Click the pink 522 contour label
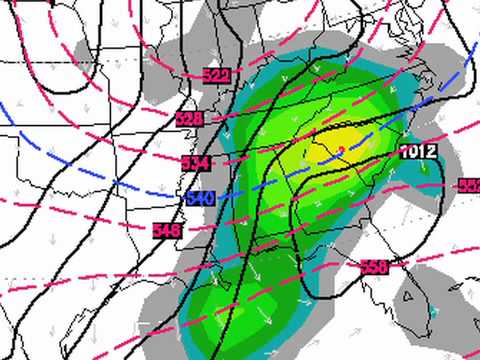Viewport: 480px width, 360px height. tap(215, 76)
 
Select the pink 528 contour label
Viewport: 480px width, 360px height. tap(189, 119)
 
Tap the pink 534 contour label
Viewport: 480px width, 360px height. tap(196, 162)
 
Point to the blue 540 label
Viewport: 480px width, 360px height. tap(199, 198)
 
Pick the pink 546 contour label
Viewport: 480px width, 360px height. tap(166, 230)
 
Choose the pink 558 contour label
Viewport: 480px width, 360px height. tap(372, 267)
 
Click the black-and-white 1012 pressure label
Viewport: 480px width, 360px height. tap(418, 151)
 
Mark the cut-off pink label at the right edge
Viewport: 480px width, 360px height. tap(469, 186)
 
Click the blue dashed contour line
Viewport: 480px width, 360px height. tap(100, 170)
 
